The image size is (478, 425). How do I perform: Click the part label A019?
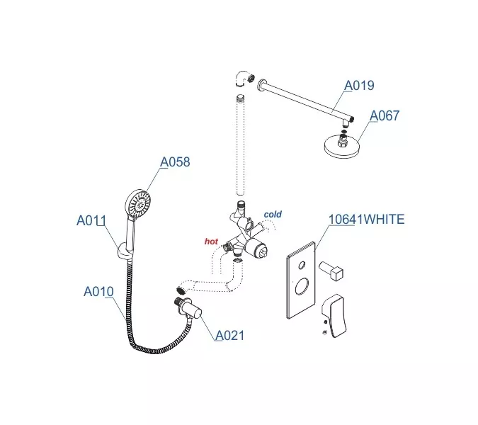click(x=359, y=86)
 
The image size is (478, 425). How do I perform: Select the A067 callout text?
click(x=385, y=116)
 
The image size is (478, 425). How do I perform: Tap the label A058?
click(x=175, y=162)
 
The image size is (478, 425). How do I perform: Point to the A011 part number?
click(x=91, y=220)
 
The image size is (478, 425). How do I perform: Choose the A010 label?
click(x=98, y=291)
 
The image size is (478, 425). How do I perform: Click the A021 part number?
click(x=229, y=335)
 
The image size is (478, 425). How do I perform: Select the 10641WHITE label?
click(x=366, y=220)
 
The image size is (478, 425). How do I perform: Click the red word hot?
click(x=211, y=242)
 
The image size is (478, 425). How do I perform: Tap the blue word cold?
click(x=273, y=214)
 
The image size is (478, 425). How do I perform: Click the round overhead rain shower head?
click(x=341, y=147)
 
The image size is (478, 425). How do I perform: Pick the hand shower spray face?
click(x=139, y=203)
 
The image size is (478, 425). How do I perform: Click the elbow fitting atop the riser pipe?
click(x=242, y=79)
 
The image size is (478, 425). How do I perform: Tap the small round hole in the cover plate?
click(x=302, y=266)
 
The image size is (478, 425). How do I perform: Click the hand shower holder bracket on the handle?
click(x=123, y=249)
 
